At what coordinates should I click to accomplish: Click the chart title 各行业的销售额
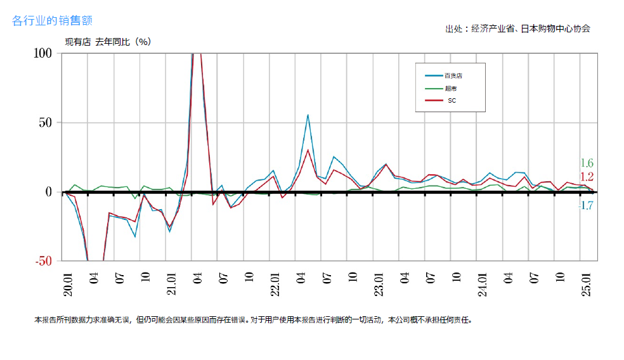[53, 21]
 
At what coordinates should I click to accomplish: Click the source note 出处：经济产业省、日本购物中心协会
[517, 29]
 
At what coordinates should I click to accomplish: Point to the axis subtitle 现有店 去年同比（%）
[108, 42]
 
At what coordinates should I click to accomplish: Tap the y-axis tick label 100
[42, 53]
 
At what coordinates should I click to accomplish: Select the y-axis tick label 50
[46, 122]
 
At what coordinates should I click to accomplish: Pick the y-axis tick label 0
[49, 191]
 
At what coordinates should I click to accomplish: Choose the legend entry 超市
[450, 88]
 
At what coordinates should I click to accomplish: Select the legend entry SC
[452, 100]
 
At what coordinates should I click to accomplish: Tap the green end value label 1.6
[587, 163]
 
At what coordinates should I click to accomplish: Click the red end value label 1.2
[587, 177]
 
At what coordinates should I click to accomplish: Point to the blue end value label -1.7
[586, 206]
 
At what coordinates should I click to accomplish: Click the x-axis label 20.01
[68, 284]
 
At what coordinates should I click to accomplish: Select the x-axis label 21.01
[171, 284]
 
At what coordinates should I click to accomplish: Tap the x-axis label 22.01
[275, 284]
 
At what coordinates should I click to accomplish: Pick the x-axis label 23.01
[379, 284]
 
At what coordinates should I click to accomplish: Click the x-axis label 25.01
[586, 284]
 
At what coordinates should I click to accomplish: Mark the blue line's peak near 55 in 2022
[308, 115]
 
